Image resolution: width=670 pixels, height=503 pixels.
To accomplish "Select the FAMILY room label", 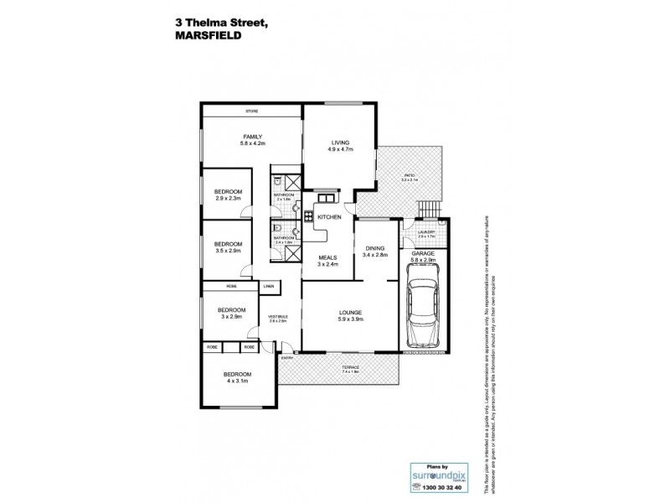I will [253, 137].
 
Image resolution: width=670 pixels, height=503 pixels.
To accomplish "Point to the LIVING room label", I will [339, 143].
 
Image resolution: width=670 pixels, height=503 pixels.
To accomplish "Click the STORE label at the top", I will [251, 111].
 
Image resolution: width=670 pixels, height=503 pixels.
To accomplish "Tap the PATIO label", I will [410, 175].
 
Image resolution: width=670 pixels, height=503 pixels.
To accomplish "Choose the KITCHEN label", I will [329, 217].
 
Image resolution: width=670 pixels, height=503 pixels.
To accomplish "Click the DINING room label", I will [375, 247].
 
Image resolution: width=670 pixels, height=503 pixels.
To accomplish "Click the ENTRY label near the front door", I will [288, 356].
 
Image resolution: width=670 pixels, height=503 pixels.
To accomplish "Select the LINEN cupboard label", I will [270, 287].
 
